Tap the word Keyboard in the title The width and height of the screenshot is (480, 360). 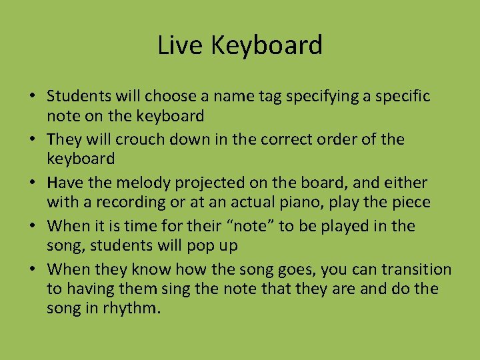[x=266, y=45]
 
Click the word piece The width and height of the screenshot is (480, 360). [x=411, y=202]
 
